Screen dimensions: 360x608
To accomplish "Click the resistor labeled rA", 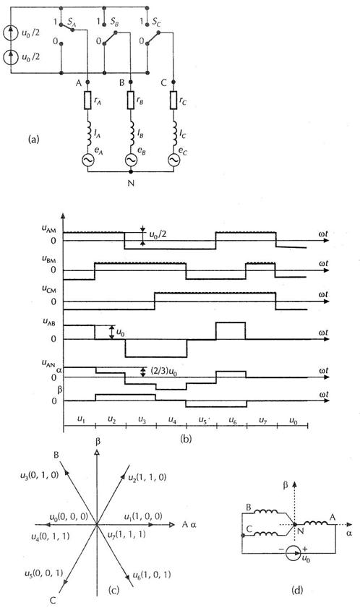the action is tap(87, 100).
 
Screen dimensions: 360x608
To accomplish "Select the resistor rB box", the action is tap(131, 100).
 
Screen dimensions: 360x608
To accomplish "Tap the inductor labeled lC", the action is tap(173, 130).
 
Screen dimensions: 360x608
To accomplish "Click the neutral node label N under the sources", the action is tap(131, 183).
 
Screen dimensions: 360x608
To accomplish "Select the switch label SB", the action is tap(114, 22).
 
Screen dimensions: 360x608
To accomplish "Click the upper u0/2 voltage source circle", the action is tap(10, 34).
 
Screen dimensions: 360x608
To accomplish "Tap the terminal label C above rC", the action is tap(163, 82).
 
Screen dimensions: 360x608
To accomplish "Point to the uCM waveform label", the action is tap(49, 290).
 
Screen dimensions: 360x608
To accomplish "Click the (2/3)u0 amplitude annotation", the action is tap(160, 372).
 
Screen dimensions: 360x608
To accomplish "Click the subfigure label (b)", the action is tap(186, 439).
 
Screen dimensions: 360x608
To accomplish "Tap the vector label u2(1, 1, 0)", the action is tap(147, 477).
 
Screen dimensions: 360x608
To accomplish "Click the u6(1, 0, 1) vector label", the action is tap(151, 574).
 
